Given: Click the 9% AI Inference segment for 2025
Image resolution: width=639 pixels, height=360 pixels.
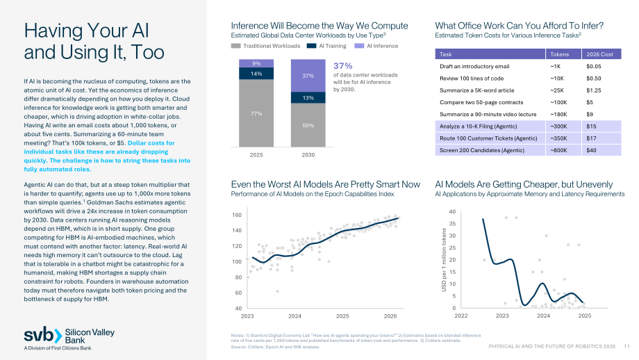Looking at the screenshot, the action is (256, 63).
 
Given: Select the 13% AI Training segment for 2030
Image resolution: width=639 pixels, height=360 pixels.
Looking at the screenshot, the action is (308, 98).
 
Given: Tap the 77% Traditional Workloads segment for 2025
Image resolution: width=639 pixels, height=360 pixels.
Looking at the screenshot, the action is (256, 113).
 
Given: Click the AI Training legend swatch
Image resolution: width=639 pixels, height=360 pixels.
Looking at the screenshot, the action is (311, 46).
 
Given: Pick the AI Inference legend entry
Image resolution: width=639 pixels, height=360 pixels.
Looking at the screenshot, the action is (376, 46).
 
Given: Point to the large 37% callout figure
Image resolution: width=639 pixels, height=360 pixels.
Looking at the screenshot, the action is (342, 66).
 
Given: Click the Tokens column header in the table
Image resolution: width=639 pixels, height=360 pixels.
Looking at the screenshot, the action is (560, 54).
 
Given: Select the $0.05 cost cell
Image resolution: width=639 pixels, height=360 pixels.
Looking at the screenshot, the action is (594, 67).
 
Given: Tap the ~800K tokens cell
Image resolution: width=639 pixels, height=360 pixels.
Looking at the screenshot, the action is (558, 150).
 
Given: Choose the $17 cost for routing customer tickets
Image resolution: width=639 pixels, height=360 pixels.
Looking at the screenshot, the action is (591, 138).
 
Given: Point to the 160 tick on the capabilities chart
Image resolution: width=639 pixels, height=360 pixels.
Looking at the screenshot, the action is (237, 215).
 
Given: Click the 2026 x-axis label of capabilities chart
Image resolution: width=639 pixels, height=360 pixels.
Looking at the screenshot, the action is (390, 316).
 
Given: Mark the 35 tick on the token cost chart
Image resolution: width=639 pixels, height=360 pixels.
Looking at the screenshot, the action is (452, 224).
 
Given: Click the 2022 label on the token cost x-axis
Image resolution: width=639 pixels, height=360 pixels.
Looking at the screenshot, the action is (461, 316).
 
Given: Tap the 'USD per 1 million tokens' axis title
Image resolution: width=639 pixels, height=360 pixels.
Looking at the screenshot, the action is (444, 260).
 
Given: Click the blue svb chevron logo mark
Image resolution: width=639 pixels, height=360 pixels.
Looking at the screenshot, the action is (58, 336).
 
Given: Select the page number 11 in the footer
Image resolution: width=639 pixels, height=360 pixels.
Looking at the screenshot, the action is (626, 346).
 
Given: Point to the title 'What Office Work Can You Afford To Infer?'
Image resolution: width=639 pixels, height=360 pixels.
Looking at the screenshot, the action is (520, 26).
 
